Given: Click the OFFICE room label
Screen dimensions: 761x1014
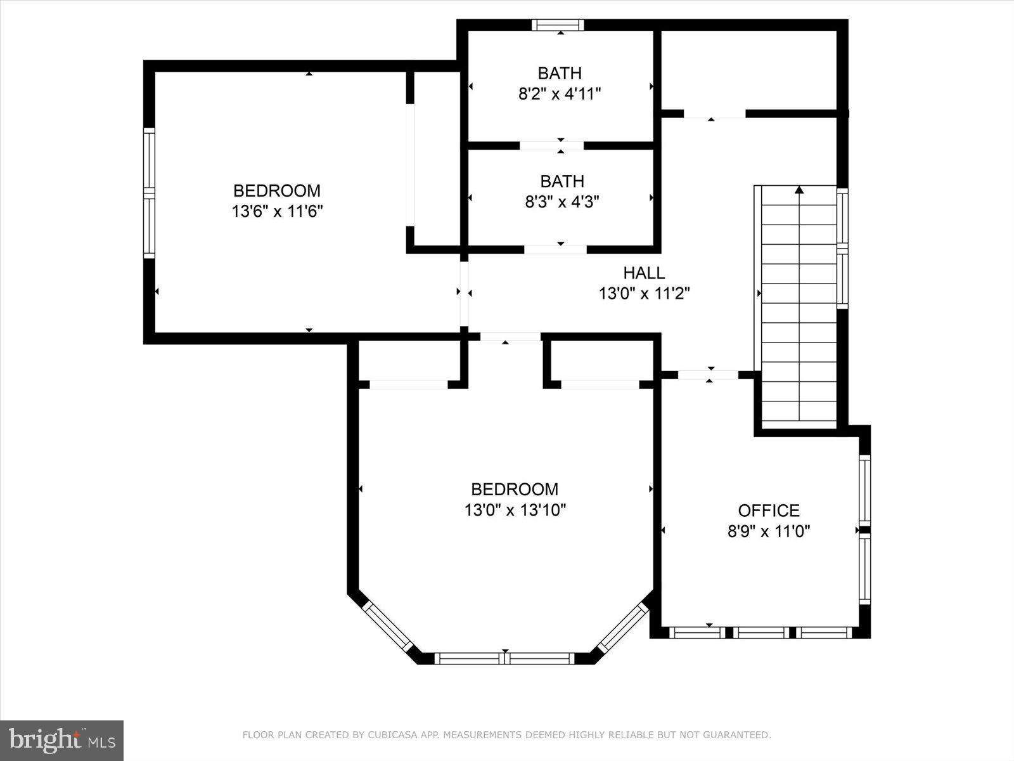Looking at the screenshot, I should [x=768, y=511].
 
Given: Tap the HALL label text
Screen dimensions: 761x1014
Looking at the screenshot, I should [x=644, y=273].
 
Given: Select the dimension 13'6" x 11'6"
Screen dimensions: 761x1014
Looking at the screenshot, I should [x=278, y=211].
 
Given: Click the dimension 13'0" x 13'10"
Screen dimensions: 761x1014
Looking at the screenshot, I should [x=515, y=510].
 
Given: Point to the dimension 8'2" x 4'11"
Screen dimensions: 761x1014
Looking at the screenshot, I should [x=560, y=94].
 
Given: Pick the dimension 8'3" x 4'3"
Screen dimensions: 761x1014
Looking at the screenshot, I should [x=562, y=202].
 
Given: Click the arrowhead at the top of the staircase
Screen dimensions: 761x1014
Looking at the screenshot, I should [x=799, y=190].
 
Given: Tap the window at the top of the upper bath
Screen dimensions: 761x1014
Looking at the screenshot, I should [x=558, y=25].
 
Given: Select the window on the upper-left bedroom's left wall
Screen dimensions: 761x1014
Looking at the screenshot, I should [x=149, y=193].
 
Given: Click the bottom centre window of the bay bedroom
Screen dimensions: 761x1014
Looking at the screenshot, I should [x=504, y=658].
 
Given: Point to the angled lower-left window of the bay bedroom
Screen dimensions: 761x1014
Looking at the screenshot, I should [x=387, y=626].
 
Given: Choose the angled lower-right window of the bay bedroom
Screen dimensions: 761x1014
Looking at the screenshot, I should [x=623, y=626].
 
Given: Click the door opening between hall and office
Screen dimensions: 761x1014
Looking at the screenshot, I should [x=709, y=375].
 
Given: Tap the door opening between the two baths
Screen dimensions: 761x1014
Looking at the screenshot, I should [x=551, y=146].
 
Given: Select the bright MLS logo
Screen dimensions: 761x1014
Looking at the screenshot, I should [x=61, y=740].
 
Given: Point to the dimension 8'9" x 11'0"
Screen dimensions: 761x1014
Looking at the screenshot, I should [x=768, y=531].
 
